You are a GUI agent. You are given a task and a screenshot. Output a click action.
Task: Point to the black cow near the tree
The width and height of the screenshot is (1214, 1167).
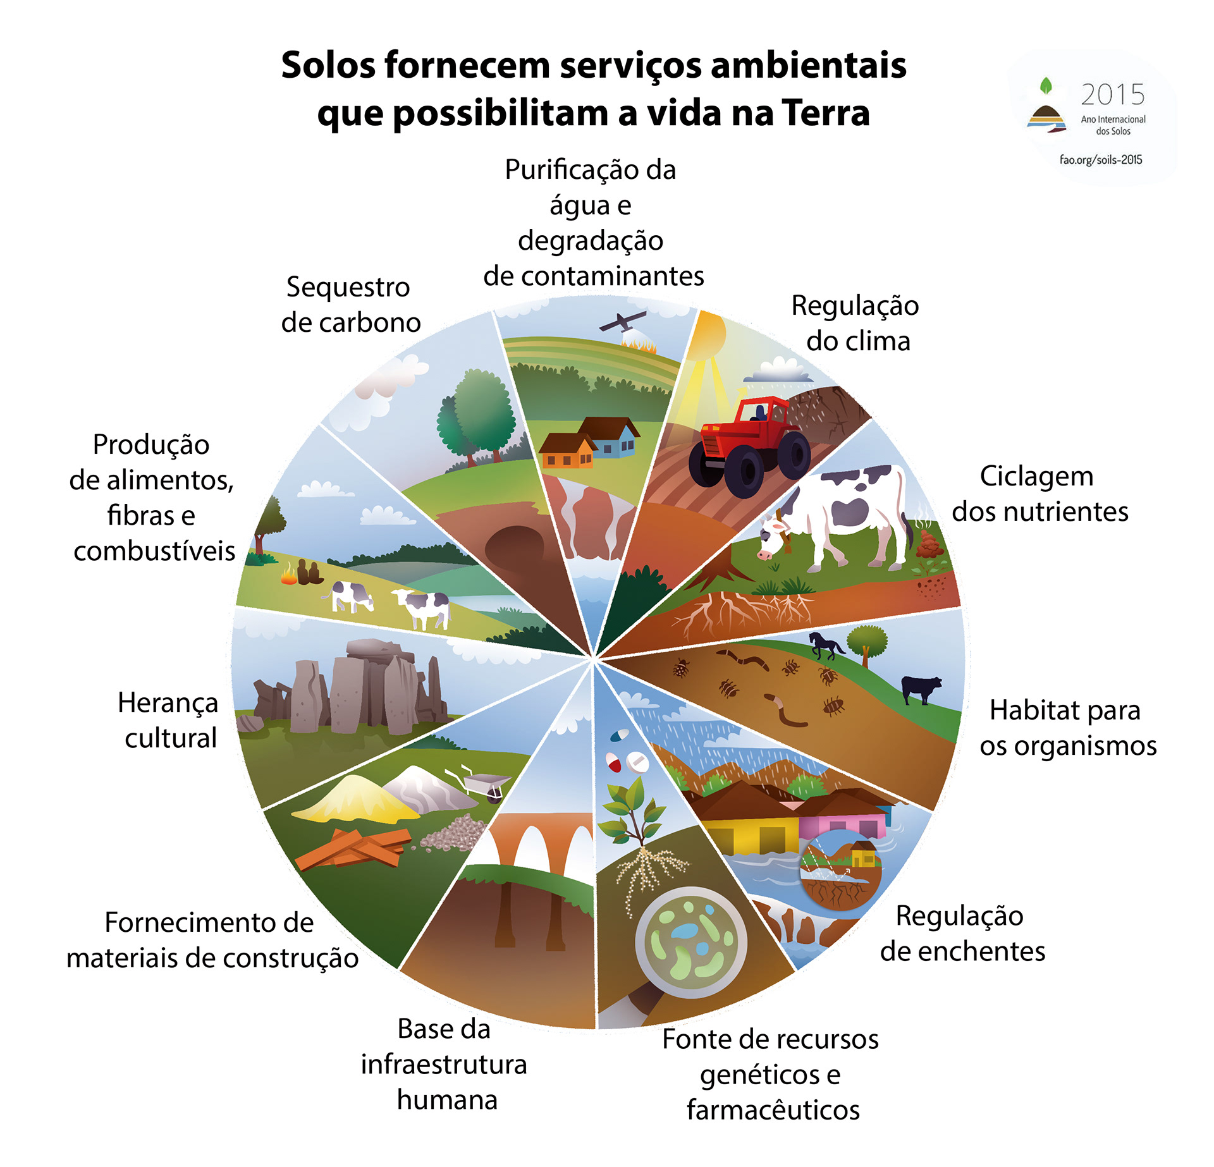[921, 688]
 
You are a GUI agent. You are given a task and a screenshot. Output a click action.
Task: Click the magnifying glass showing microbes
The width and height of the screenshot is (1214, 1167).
[690, 941]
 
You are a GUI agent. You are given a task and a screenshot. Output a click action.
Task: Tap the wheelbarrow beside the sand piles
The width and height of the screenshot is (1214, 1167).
[484, 785]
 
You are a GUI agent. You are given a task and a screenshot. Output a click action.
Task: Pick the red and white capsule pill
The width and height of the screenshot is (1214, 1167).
[613, 762]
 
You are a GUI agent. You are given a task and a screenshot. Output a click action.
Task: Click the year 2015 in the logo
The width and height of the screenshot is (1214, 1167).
[1112, 95]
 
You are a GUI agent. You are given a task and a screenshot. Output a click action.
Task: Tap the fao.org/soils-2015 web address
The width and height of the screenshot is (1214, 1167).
[1101, 160]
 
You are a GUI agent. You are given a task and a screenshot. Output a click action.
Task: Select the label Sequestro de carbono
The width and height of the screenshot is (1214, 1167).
[350, 305]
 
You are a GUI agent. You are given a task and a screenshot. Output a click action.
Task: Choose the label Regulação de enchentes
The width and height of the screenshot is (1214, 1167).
[962, 933]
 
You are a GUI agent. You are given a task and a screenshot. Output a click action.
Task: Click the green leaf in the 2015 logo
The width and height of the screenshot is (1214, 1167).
[1046, 85]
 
